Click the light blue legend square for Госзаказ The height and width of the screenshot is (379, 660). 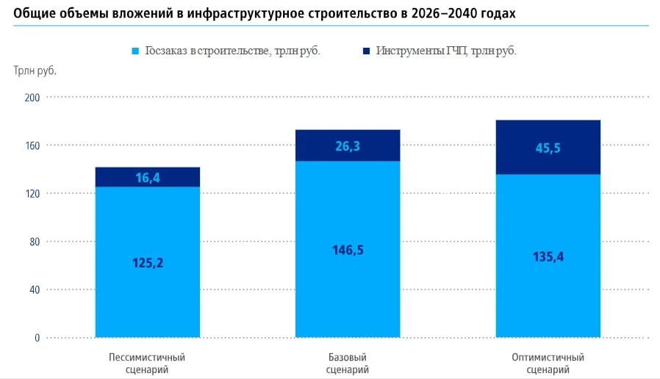tap(134, 51)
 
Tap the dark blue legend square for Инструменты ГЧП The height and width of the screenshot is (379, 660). tap(366, 51)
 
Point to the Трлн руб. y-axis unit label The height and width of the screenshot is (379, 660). tap(35, 71)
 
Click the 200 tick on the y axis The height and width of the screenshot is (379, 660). tap(32, 97)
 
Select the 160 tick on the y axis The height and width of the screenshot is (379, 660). tap(32, 145)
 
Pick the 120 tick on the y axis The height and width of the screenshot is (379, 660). tap(32, 193)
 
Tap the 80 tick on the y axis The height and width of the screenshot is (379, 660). tap(34, 242)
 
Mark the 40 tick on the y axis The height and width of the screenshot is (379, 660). tap(34, 289)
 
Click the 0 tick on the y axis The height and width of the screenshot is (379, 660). tap(36, 338)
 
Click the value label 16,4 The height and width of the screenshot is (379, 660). tap(148, 177)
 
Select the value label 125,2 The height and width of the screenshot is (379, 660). tap(148, 263)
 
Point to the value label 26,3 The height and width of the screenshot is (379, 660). tap(348, 146)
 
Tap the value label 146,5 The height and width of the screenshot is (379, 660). tap(348, 250)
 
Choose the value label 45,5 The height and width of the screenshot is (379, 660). tap(548, 148)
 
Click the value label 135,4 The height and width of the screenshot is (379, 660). tap(548, 256)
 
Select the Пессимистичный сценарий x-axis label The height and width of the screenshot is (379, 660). tap(147, 364)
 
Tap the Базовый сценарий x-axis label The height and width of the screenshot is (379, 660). tap(348, 364)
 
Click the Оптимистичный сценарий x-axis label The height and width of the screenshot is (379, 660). tap(548, 364)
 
